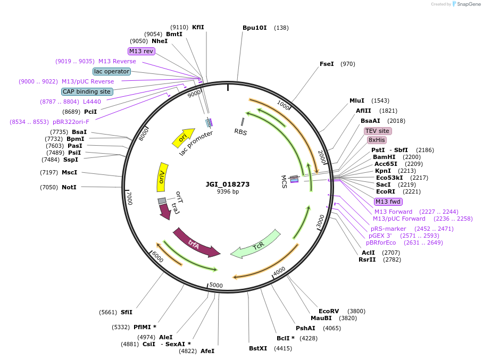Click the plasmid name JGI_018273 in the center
(228, 185)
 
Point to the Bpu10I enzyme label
(254, 28)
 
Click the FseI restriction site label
(327, 64)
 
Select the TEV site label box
(378, 131)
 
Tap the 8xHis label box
(377, 140)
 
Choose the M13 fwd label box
(388, 202)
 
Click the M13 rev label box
(141, 51)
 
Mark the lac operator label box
(111, 71)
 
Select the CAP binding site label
(87, 91)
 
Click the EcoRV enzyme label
(329, 311)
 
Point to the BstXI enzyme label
(259, 348)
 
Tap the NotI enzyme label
(69, 187)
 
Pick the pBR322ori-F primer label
(71, 122)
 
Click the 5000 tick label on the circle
(216, 285)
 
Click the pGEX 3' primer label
(380, 236)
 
